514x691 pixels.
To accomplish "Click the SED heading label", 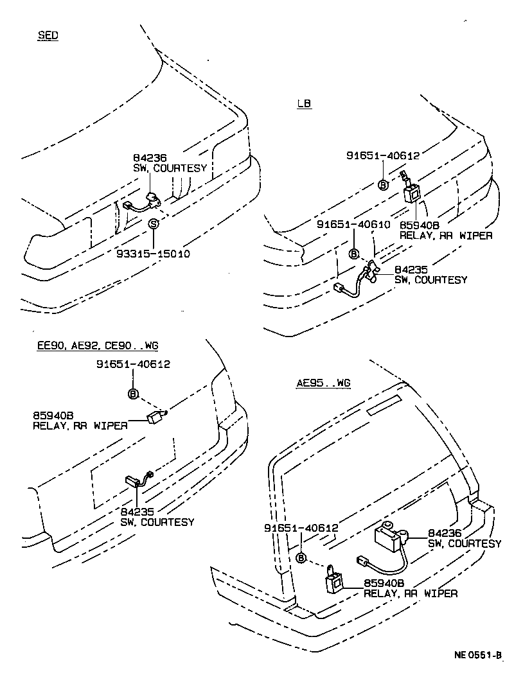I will coord(48,35).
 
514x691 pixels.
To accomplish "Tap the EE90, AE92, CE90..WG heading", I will coord(97,345).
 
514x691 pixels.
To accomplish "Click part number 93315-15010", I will coord(154,254).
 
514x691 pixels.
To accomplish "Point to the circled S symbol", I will coord(154,224).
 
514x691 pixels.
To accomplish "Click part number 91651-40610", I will coord(353,224).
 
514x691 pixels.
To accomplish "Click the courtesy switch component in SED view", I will coord(152,200).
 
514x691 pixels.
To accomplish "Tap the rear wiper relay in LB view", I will coord(412,191).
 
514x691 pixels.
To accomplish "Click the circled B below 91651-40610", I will coord(353,254).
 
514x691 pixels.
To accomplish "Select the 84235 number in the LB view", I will coord(411,270).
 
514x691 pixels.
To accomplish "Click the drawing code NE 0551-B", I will coord(477,656).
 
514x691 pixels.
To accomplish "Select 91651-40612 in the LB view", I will coord(382,155).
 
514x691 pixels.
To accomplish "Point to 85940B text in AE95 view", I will coord(384,583).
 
